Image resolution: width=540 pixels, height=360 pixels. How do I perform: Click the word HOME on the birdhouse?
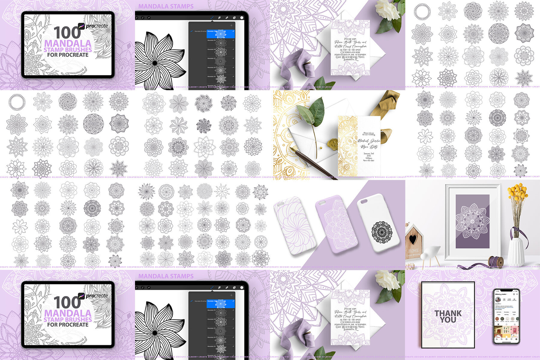click(x=413, y=251)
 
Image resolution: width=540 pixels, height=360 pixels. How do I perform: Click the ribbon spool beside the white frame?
click(x=495, y=261)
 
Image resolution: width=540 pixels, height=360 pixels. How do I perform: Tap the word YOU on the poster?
click(x=448, y=320)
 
